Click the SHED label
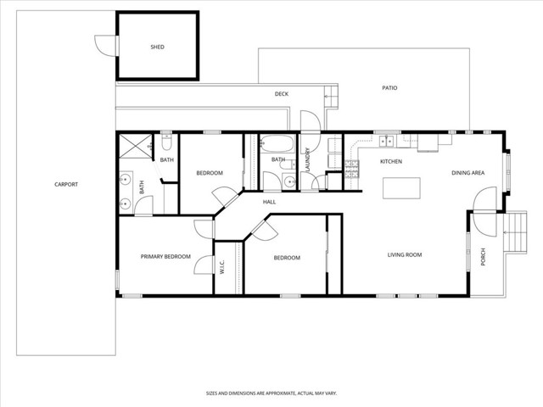point(157,47)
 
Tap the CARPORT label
point(66,185)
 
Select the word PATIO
point(389,88)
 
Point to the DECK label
point(282,94)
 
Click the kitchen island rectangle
point(401,188)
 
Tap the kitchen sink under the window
point(387,141)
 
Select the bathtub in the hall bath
point(277,144)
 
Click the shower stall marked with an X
point(136,147)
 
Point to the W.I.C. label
point(222,267)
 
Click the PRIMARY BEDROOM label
point(165,256)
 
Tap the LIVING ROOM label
point(405,254)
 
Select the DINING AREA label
point(467,173)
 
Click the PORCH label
point(484,257)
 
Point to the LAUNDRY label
point(307,159)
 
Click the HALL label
point(269,202)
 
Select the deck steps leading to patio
point(331,96)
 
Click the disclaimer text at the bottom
point(271,393)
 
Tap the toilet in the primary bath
point(166,142)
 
